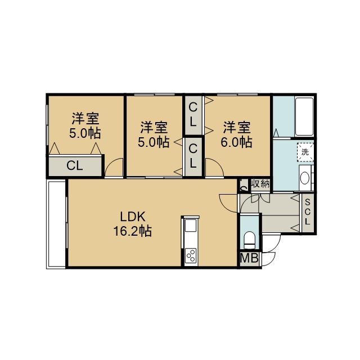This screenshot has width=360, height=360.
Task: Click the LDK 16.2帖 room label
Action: click(x=133, y=224)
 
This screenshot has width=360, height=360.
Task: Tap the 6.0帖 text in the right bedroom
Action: click(x=236, y=142)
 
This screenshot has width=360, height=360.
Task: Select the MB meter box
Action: click(x=249, y=258)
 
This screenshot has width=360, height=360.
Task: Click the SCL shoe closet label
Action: click(x=308, y=212)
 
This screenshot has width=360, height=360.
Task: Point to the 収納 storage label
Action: click(x=260, y=184)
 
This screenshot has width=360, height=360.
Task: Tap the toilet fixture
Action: click(x=249, y=240)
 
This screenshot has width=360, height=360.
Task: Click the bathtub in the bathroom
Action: click(x=304, y=116)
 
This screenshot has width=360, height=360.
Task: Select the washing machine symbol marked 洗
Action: click(x=305, y=152)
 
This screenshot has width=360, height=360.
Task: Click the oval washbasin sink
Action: click(x=305, y=178)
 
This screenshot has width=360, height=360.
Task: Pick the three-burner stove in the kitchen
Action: click(x=191, y=256)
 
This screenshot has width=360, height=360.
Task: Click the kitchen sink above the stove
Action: click(x=191, y=226)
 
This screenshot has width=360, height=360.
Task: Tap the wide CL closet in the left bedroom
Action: click(x=75, y=166)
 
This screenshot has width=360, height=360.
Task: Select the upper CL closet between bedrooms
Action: click(x=193, y=115)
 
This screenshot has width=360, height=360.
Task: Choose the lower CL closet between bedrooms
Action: click(x=193, y=156)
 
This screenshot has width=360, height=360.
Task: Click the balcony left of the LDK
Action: click(x=56, y=224)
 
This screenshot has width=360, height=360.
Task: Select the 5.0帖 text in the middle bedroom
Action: click(x=154, y=142)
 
